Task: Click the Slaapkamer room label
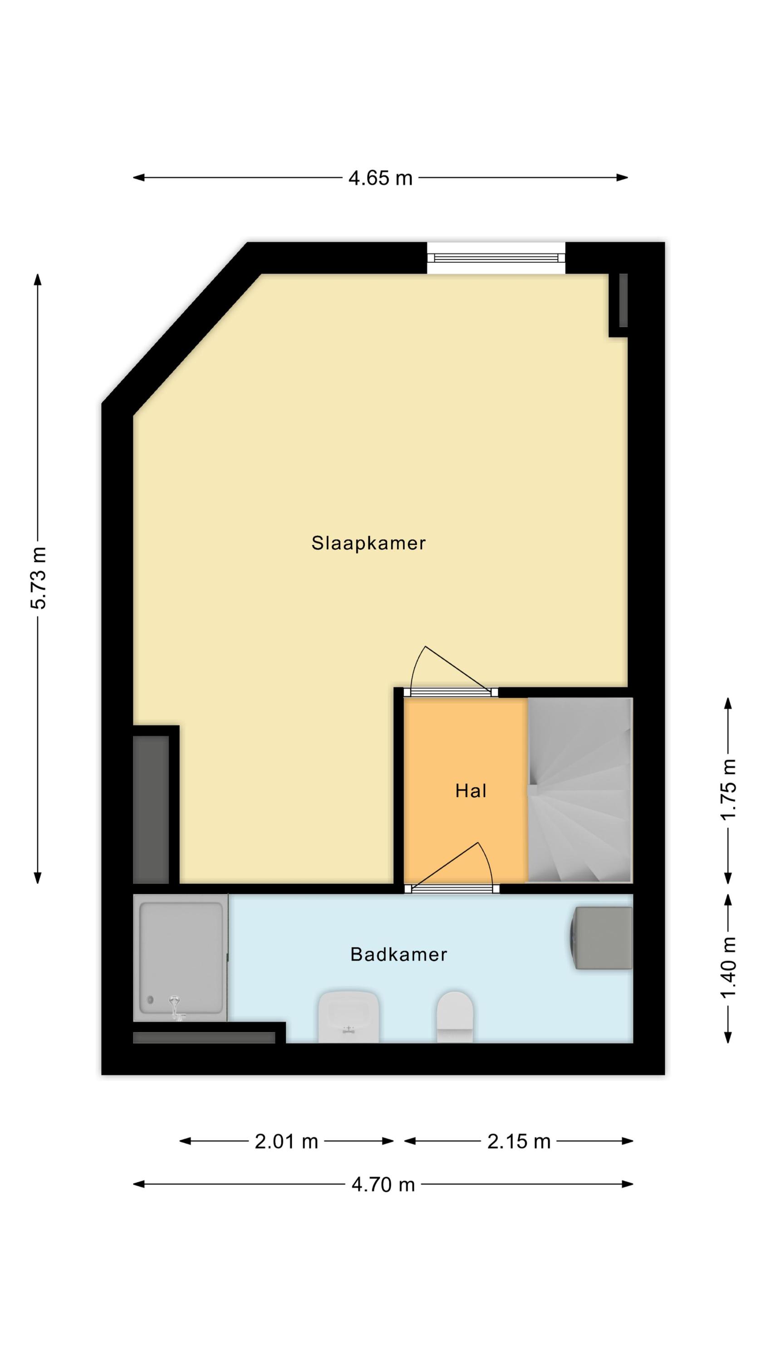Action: coord(368,543)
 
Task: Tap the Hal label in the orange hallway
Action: coord(471,791)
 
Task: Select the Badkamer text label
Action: coord(398,954)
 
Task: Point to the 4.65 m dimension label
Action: coord(380,178)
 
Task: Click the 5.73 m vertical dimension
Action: coord(39,578)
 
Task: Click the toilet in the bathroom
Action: coord(455,1017)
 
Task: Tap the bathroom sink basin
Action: coord(349,1017)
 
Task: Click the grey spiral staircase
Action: coord(580,790)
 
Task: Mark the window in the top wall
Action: coord(496,258)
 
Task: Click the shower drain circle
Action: coord(151,1000)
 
